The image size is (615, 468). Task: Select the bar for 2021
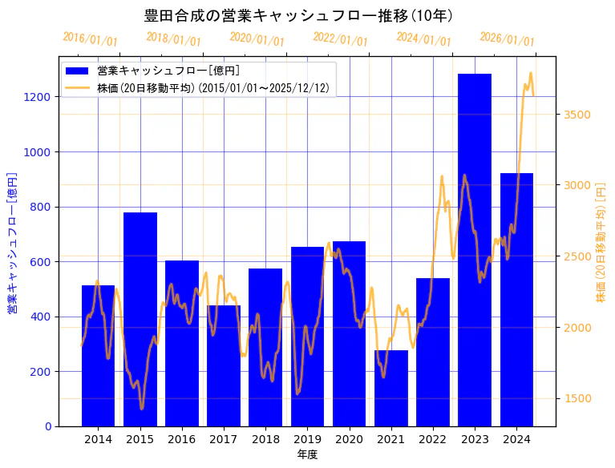tap(390, 388)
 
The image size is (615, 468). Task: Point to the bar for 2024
tap(516, 300)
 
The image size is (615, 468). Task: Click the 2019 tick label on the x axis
tap(307, 439)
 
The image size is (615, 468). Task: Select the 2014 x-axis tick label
tap(98, 439)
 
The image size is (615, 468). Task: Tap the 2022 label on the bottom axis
tap(433, 439)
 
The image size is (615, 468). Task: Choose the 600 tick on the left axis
tap(42, 262)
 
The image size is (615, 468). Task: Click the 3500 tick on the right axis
tap(577, 115)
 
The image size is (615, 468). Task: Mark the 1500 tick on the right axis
tap(577, 399)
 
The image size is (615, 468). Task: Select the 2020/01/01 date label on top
tap(257, 39)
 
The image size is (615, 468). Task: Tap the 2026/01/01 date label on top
tap(508, 39)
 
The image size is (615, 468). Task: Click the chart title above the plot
tap(298, 15)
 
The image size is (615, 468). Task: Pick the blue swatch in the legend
tap(79, 71)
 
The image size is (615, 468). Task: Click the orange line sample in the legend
tap(79, 87)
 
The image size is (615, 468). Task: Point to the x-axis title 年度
tap(307, 454)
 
